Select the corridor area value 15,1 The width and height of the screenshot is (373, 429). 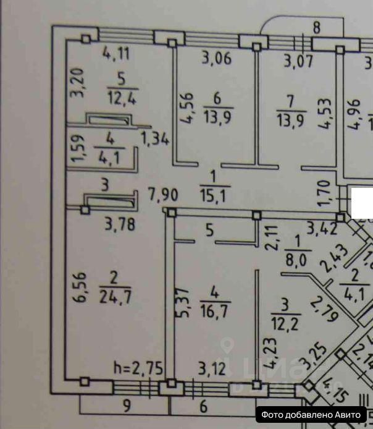(215, 197)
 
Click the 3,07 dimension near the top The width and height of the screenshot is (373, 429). (298, 61)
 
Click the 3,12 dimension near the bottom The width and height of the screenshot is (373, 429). (212, 370)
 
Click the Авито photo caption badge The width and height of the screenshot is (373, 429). (313, 415)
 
